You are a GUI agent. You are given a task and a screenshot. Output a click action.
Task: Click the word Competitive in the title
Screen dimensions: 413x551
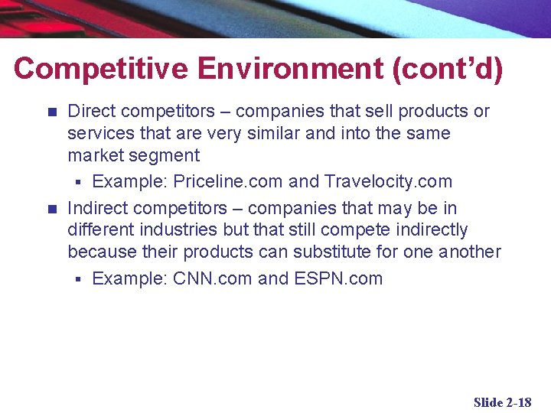click(100, 69)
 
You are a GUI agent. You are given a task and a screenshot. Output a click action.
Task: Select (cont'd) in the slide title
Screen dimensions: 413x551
click(448, 69)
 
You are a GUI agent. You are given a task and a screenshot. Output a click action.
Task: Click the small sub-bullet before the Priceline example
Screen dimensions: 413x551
click(77, 183)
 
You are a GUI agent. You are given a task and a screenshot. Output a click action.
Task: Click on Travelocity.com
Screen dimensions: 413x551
click(388, 182)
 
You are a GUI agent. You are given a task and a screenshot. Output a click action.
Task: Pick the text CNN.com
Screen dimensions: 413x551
click(213, 278)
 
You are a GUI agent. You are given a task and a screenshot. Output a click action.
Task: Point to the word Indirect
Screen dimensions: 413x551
click(95, 208)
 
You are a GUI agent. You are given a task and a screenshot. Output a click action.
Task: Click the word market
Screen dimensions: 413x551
click(94, 156)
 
